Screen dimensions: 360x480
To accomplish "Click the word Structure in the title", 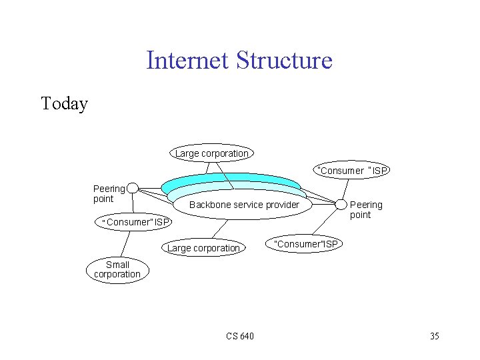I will pos(284,61).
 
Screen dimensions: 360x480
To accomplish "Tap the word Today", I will pos(64,104).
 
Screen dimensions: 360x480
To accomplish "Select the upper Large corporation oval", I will pos(211,153).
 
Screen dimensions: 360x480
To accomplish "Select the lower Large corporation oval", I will pos(203,248).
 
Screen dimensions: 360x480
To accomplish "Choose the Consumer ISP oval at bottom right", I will pos(307,244).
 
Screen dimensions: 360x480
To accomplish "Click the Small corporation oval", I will pos(117,269).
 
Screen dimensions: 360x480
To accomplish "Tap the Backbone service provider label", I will pos(244,205).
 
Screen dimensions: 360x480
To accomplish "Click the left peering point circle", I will pos(133,189).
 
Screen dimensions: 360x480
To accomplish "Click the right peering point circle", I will pos(341,203).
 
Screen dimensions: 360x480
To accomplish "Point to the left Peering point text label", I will pos(109,193).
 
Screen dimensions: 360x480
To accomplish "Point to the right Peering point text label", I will pos(366,209).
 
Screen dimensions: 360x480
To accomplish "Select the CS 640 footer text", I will pos(239,335).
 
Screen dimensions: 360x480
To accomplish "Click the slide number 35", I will pos(434,335).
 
